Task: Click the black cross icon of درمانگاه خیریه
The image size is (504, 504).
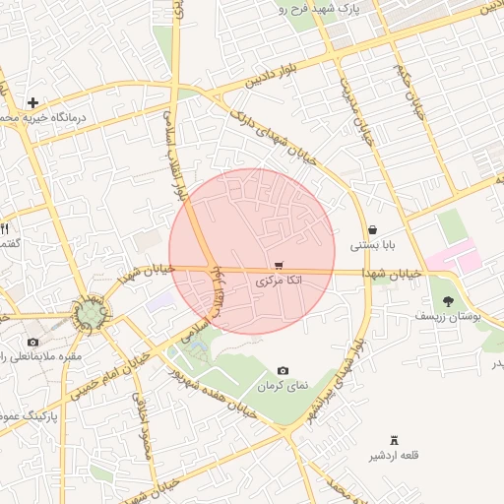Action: pyautogui.click(x=33, y=102)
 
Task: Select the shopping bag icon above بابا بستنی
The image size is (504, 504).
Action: pyautogui.click(x=372, y=229)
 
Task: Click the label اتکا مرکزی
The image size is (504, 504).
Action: pyautogui.click(x=280, y=282)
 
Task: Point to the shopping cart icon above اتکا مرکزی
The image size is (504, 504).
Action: pyautogui.click(x=280, y=266)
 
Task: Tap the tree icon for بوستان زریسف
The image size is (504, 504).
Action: pyautogui.click(x=449, y=301)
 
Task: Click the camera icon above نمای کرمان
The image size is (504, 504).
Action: pyautogui.click(x=283, y=370)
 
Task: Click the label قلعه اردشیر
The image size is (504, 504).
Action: pyautogui.click(x=394, y=455)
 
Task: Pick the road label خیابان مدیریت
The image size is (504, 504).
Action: pyautogui.click(x=357, y=115)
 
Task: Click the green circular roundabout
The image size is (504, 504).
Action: pyautogui.click(x=92, y=315)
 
